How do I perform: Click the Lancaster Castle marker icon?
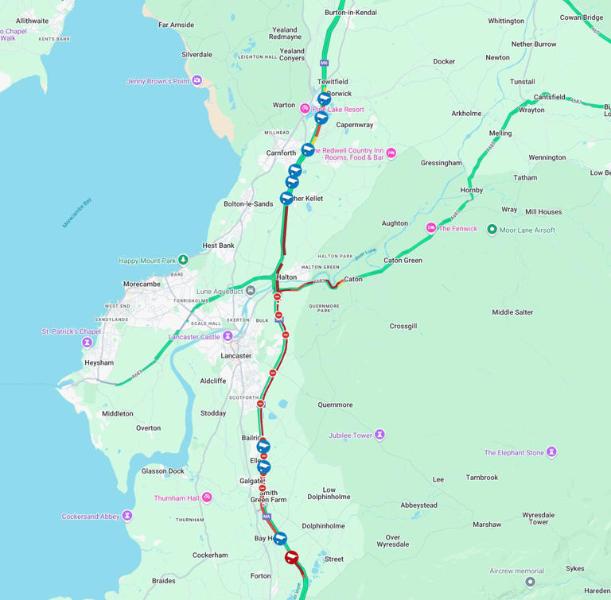click(x=228, y=336)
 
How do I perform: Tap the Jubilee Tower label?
click(x=351, y=435)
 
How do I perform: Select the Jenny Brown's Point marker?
click(x=197, y=80)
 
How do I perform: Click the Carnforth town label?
click(x=281, y=153)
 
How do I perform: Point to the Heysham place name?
click(x=99, y=362)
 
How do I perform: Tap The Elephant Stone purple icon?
click(x=551, y=452)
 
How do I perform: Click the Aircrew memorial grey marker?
click(x=530, y=582)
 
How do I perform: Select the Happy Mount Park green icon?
click(x=183, y=260)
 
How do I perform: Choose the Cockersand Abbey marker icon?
click(x=127, y=517)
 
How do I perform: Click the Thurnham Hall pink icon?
click(x=207, y=497)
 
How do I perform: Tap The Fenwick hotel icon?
click(x=431, y=228)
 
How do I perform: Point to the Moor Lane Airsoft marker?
click(x=492, y=230)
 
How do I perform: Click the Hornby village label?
click(x=472, y=191)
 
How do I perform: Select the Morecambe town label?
click(x=142, y=284)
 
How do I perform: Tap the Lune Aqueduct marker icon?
click(x=251, y=291)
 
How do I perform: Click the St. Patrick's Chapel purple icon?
click(x=87, y=343)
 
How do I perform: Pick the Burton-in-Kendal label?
click(x=351, y=13)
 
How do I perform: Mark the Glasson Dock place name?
click(x=162, y=471)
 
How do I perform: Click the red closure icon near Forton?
click(x=292, y=557)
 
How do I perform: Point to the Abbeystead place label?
click(x=418, y=505)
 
